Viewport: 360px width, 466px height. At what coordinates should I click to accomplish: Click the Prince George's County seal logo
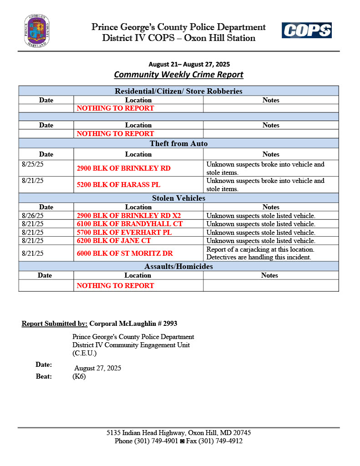(37, 31)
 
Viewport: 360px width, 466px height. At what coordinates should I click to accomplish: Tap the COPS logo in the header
(306, 30)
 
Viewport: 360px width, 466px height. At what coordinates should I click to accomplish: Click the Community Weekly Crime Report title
(178, 75)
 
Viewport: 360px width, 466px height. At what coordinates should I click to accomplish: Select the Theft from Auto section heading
(178, 144)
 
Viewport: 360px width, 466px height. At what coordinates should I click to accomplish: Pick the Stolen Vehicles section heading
(178, 198)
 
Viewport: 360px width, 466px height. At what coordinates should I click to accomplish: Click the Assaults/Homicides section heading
(178, 266)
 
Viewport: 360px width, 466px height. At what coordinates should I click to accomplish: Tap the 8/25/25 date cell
(32, 164)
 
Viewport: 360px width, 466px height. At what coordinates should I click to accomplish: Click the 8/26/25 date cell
(32, 216)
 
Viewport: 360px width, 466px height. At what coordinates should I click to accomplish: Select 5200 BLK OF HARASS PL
(118, 185)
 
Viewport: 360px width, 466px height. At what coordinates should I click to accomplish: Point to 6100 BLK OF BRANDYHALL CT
(129, 224)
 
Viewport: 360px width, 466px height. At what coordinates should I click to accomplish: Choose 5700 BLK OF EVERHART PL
(124, 232)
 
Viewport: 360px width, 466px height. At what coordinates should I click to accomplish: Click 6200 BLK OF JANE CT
(114, 240)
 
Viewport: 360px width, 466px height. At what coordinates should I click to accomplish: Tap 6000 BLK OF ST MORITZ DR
(125, 253)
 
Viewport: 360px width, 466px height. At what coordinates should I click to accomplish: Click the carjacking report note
(259, 253)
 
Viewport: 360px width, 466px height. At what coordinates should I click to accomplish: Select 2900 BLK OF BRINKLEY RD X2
(132, 216)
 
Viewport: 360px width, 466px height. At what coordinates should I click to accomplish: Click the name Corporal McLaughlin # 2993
(133, 324)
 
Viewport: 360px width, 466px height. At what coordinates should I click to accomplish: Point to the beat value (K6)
(79, 376)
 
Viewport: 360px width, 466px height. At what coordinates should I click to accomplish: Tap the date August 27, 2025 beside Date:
(97, 368)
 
